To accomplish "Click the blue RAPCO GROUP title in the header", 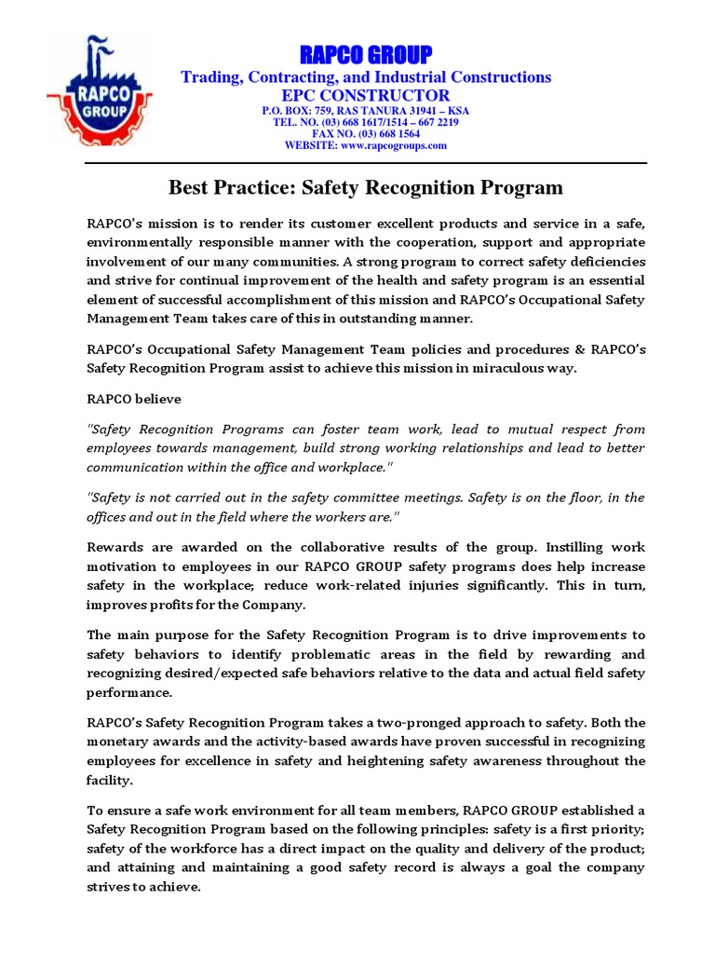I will (x=365, y=54).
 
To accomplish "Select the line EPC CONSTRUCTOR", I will (x=365, y=95).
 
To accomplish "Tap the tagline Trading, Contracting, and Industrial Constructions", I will (x=365, y=76).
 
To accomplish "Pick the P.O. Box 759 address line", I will (x=365, y=110).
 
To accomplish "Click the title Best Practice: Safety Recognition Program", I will (x=365, y=187).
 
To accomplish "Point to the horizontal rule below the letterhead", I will (x=365, y=163).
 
